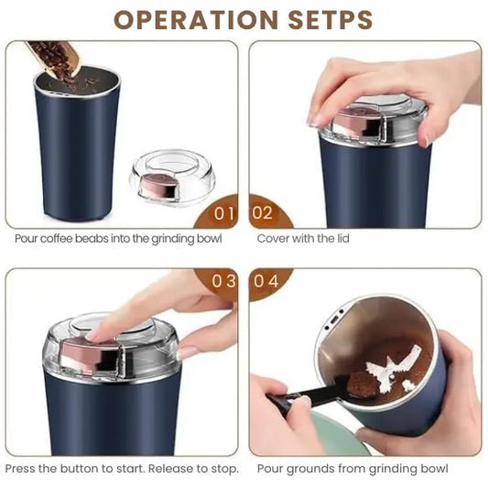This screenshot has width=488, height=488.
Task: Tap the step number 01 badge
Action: coord(224,213)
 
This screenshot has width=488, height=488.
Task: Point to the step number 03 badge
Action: coord(223,281)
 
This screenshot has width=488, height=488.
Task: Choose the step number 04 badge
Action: coord(266,281)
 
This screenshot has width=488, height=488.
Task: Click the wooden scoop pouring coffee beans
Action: coord(52,56)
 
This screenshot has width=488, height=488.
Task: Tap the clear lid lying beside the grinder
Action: coord(171,178)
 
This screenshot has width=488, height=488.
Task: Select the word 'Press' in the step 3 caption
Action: coord(22,469)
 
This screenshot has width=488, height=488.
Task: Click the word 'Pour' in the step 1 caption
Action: coord(27,239)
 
